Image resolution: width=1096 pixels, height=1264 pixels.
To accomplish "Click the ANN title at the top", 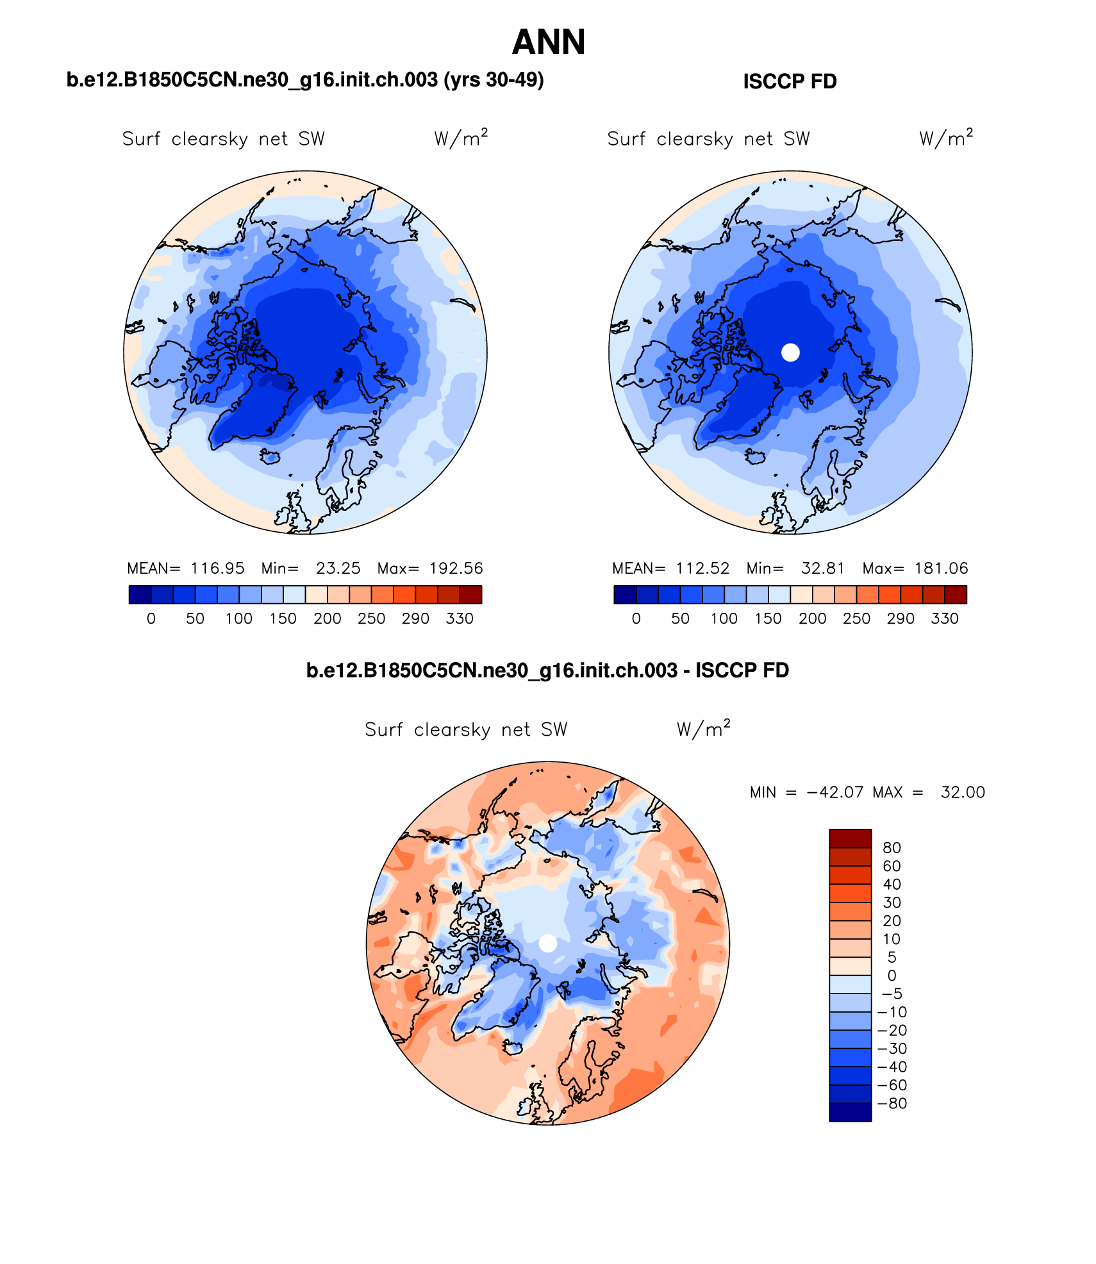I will click(549, 42).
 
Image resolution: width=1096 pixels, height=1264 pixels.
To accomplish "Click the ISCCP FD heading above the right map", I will click(790, 81).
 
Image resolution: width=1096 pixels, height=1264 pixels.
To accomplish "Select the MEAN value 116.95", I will click(217, 569).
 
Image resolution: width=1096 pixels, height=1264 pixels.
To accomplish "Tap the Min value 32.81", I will click(823, 569).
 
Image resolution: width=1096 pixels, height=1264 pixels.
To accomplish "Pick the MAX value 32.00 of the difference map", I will click(963, 792).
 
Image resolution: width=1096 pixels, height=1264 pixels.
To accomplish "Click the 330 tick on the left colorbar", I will click(460, 619).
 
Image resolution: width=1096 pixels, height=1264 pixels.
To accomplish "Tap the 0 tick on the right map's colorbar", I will click(636, 619).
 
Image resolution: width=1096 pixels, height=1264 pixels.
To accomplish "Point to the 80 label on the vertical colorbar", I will click(892, 847).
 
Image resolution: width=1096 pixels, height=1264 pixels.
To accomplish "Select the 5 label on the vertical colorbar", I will click(892, 957).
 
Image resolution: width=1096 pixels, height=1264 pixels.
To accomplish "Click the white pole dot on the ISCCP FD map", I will click(790, 352).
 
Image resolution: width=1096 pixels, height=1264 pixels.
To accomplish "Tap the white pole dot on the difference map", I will click(548, 943).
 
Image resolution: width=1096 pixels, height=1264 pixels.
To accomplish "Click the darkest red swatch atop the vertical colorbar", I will click(850, 838).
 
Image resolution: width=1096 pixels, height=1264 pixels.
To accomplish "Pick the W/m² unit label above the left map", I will click(460, 138).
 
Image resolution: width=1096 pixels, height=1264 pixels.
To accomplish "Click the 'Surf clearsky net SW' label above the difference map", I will click(466, 729).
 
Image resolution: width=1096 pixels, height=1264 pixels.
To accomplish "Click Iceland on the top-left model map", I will click(270, 456).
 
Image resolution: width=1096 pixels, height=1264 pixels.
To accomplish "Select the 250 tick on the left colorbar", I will click(371, 619).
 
